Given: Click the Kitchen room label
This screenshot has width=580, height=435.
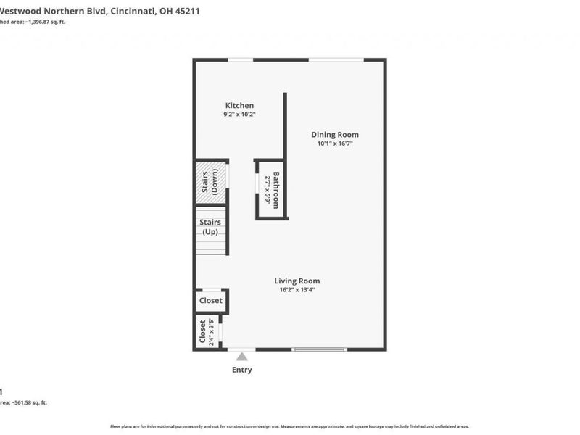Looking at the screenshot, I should coord(239,106).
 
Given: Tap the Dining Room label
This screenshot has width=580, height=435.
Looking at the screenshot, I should coord(335,134).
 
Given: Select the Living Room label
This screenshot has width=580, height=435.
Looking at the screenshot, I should coord(297,281).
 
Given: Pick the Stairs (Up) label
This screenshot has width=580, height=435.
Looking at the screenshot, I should coord(211,227).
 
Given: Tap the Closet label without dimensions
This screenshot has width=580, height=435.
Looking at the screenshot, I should coord(211,300).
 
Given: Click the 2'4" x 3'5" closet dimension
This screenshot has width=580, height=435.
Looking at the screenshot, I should coord(212,332).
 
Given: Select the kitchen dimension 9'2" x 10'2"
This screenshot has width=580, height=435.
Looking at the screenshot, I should coord(239,115).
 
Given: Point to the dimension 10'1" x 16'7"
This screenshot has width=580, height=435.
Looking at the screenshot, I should coord(335,144).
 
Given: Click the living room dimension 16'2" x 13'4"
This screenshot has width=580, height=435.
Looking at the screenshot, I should coord(297,290).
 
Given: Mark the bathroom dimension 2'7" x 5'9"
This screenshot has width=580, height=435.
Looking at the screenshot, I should coord(268,191).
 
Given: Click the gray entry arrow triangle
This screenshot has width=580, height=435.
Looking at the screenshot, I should coord(241,355).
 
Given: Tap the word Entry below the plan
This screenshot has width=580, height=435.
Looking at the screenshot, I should coord(241,370).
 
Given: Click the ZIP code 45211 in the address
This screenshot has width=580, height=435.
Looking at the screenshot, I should coord(186,11).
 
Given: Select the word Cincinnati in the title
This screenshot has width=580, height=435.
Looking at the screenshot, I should coord(134,11).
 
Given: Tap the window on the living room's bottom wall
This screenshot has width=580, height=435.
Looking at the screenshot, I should coord(318,350).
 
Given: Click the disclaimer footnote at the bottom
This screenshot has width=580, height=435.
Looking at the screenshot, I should coord(289,426).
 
